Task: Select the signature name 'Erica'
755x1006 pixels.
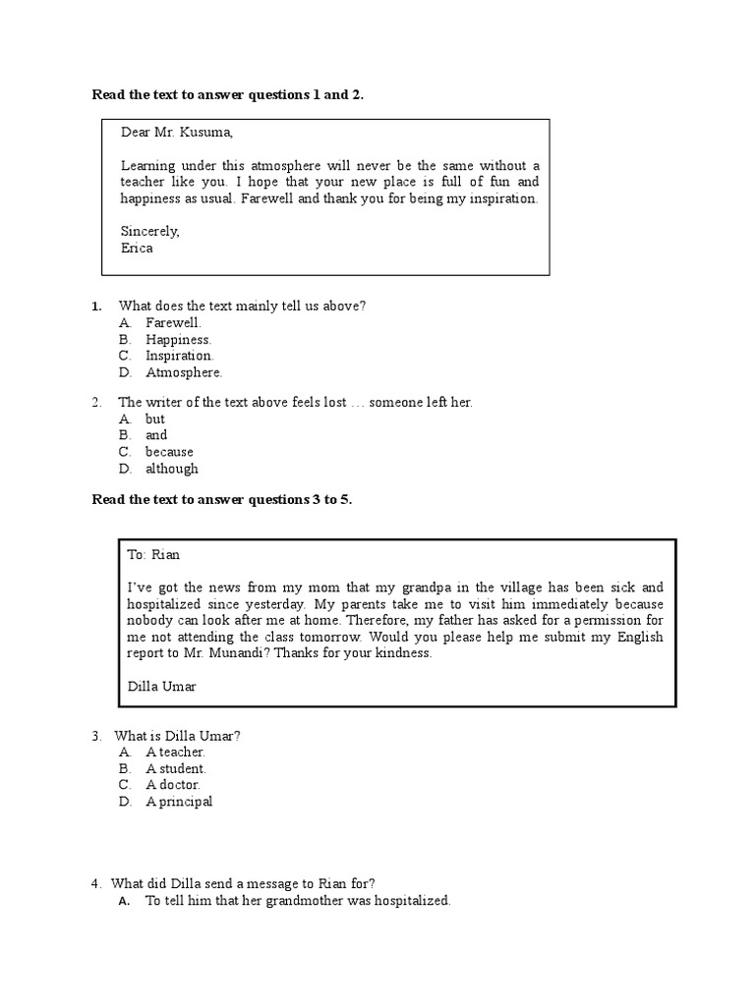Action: tap(137, 249)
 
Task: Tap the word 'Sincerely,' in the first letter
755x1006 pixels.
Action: tap(150, 232)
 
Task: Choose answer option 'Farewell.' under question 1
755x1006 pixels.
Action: tap(173, 322)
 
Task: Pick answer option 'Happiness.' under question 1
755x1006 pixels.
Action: tap(178, 339)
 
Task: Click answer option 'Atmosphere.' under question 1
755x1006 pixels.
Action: tap(184, 372)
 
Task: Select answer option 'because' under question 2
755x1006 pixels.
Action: tap(169, 452)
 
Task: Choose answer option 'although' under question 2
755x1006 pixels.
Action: tap(171, 469)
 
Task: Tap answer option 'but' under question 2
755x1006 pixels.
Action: tap(155, 419)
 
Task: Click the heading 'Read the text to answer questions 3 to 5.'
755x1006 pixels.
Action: tap(221, 499)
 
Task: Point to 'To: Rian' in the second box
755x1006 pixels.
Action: tap(153, 555)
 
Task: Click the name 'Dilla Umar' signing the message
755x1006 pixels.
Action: tap(161, 687)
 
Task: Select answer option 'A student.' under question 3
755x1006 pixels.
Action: tap(176, 768)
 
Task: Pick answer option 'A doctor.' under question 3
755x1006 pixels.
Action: tap(173, 785)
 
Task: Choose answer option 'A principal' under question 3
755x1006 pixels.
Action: tap(179, 802)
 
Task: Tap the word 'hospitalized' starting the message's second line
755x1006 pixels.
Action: tap(163, 604)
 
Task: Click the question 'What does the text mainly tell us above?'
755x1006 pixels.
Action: tap(242, 306)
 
